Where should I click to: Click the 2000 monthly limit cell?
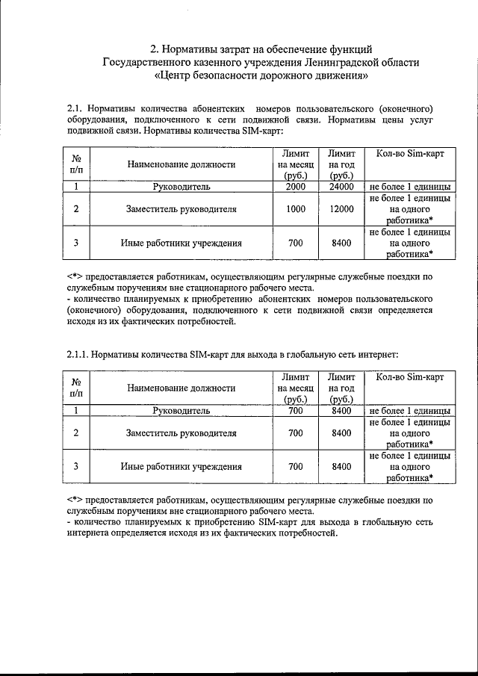(x=295, y=186)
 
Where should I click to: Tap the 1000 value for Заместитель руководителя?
(x=295, y=209)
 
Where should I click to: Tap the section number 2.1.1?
(x=81, y=353)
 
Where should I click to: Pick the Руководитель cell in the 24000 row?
(x=181, y=186)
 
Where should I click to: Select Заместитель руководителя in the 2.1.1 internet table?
(x=181, y=432)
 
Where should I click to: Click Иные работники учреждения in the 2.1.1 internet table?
(x=181, y=466)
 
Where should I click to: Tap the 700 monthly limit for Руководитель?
(x=295, y=410)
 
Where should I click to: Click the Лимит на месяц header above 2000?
(x=295, y=164)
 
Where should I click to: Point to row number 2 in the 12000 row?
(x=76, y=209)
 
